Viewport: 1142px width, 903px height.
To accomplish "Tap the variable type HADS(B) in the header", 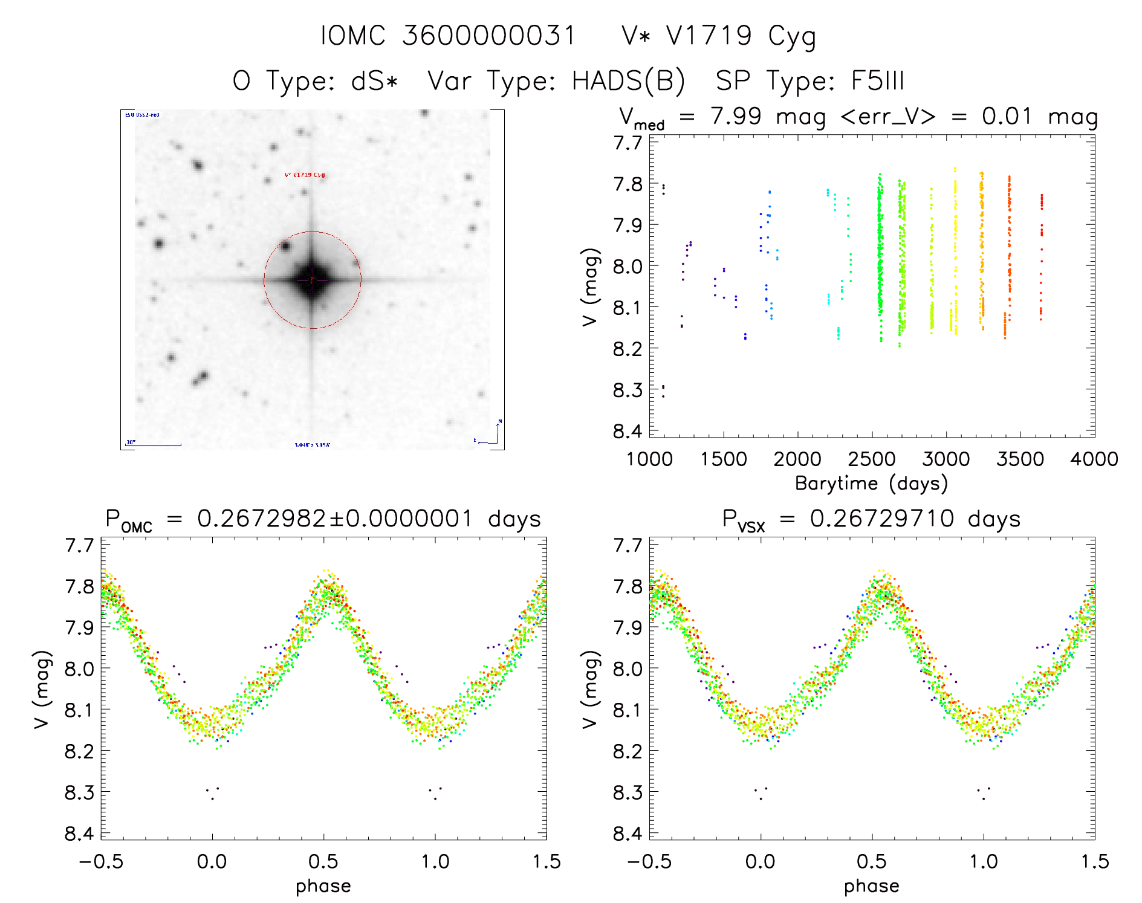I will (628, 81).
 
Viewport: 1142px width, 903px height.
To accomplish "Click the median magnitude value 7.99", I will (736, 116).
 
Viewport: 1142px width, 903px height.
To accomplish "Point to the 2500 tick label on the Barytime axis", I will (872, 459).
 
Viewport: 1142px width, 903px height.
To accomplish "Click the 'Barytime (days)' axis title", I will (871, 484).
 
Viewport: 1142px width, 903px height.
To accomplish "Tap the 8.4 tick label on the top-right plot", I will (628, 431).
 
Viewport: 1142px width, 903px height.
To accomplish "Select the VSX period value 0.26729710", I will (882, 519).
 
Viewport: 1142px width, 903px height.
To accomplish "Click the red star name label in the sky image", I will (305, 175).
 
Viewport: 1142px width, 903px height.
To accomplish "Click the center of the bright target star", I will (312, 280).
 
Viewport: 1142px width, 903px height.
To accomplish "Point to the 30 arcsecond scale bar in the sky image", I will (154, 445).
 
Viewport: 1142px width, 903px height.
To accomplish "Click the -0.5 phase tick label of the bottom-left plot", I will (101, 861).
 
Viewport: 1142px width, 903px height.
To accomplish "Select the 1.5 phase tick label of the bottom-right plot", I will (1095, 861).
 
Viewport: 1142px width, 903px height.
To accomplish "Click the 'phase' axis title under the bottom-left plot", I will (323, 886).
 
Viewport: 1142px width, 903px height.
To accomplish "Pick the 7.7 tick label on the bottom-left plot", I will (80, 545).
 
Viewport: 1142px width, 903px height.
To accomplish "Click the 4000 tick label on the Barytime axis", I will (1094, 459).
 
